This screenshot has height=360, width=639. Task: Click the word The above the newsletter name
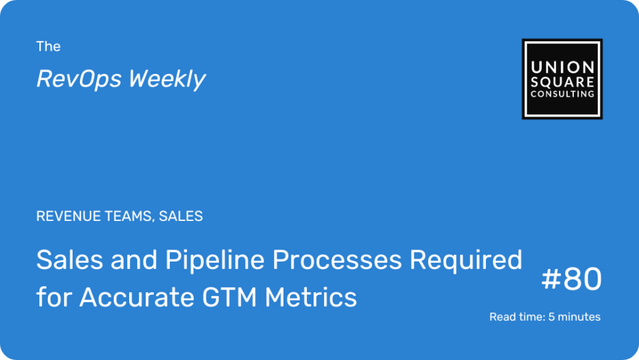click(x=48, y=47)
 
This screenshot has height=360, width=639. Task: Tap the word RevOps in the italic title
click(x=79, y=79)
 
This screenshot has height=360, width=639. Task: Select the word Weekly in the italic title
click(x=167, y=79)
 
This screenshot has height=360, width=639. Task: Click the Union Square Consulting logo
click(x=562, y=79)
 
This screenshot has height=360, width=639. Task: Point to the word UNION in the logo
click(x=562, y=67)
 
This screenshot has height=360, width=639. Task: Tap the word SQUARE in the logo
click(x=562, y=83)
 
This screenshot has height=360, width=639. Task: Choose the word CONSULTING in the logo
click(x=562, y=94)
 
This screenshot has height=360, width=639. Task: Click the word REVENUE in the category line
click(x=69, y=216)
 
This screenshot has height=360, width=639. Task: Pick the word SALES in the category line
click(x=180, y=216)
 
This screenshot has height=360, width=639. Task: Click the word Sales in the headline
click(x=70, y=260)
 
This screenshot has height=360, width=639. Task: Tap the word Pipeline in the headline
click(x=215, y=261)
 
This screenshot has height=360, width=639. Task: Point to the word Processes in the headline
click(x=337, y=261)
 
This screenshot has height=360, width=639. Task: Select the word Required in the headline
click(x=465, y=261)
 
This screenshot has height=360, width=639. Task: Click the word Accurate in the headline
click(x=136, y=297)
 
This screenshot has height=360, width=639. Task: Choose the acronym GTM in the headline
click(x=230, y=297)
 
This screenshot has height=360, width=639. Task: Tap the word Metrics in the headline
click(x=311, y=297)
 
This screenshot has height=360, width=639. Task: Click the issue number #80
click(x=571, y=279)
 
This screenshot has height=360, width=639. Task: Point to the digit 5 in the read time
click(x=551, y=317)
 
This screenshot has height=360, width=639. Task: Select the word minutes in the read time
click(x=579, y=317)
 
